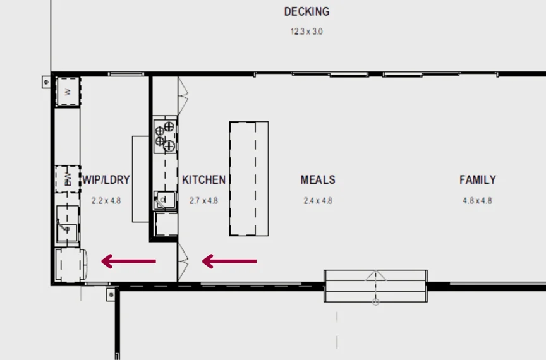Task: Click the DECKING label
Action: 306,11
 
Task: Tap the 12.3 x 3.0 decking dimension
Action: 306,32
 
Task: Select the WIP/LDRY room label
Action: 106,179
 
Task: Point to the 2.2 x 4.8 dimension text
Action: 106,201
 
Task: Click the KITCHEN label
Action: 203,179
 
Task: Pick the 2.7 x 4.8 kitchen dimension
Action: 203,201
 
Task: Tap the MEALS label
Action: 318,179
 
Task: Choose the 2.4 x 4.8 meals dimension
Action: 318,201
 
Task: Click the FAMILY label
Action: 478,179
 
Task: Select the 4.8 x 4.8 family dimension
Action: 477,201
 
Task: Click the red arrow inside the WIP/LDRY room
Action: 128,261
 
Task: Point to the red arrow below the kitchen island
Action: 229,261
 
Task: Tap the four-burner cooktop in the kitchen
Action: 165,136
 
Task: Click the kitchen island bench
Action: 249,179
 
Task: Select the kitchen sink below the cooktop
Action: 165,200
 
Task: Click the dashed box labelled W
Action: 68,91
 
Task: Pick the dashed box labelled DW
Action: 68,179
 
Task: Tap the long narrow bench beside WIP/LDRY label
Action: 140,179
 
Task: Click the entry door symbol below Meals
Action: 376,286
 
